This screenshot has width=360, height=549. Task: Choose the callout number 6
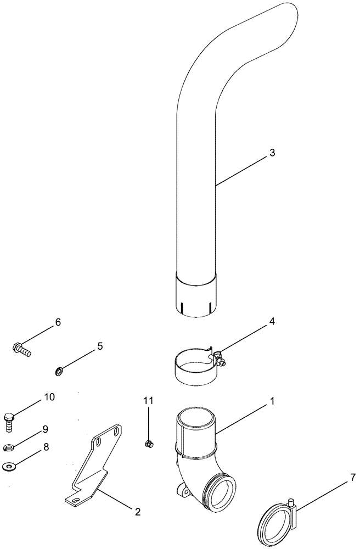point(58,322)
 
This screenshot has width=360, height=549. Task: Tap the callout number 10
point(49,396)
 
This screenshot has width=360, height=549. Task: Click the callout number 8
point(46,447)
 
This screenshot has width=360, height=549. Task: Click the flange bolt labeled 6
point(21,349)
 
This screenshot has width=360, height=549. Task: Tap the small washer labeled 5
point(59,372)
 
